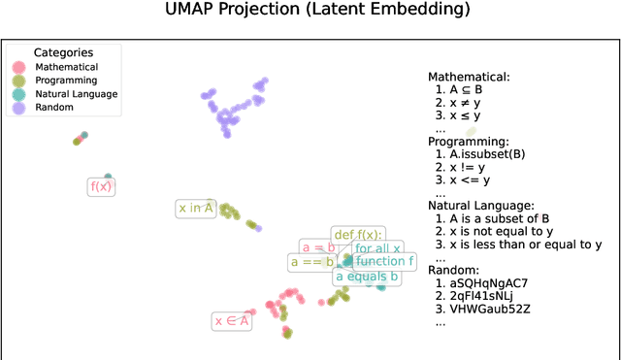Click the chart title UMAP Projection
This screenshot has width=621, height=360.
310,11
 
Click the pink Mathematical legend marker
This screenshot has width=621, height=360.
18,67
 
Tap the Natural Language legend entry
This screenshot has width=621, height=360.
77,94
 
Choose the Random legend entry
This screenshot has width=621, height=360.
53,109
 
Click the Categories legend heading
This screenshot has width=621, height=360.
63,51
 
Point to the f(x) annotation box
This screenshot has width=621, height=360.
101,186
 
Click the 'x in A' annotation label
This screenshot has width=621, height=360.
194,208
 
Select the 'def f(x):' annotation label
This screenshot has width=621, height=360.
358,234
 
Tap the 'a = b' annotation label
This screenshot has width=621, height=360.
316,246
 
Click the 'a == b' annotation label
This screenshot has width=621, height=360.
312,262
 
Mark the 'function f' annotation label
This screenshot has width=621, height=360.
384,261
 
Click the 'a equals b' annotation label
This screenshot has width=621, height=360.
366,277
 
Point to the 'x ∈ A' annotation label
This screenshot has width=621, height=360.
231,320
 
